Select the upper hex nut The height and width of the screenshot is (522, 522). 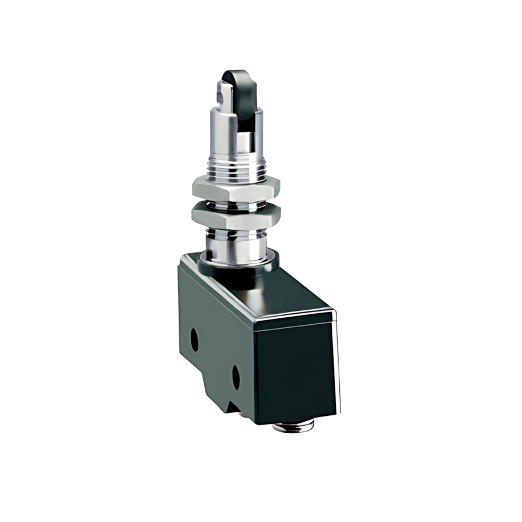tap(236, 188)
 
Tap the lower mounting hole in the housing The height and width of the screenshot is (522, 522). tap(236, 377)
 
